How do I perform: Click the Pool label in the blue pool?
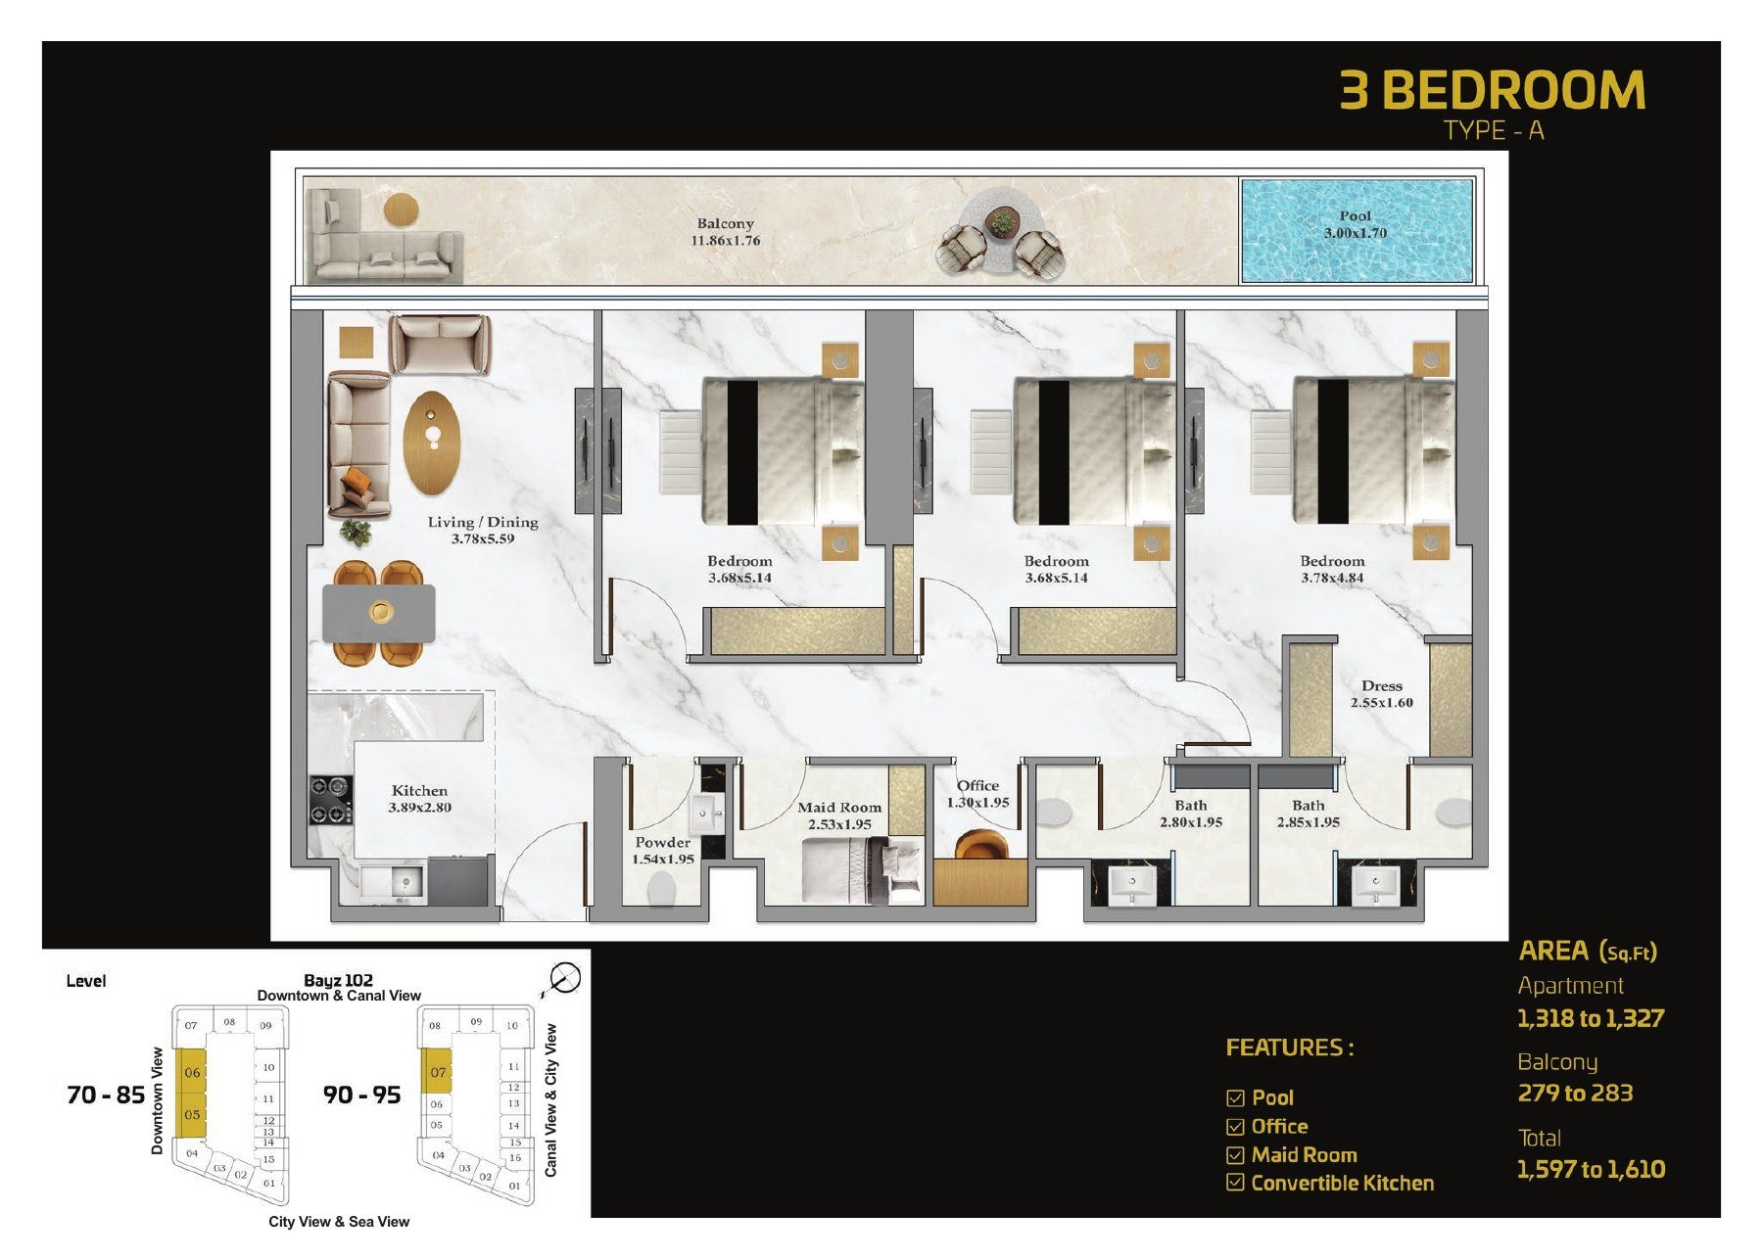click(1356, 224)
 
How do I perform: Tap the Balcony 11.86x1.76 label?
click(726, 232)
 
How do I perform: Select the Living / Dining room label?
click(483, 530)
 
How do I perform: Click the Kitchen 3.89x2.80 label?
click(419, 799)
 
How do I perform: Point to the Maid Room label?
click(839, 816)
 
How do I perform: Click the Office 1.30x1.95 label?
click(977, 794)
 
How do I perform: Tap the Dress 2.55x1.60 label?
click(1381, 694)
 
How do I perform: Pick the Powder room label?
click(662, 850)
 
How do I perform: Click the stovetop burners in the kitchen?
click(331, 799)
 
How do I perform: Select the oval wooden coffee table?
click(431, 443)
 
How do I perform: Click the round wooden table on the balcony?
click(400, 210)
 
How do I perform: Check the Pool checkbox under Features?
click(1235, 1098)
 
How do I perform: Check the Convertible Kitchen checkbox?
click(1235, 1183)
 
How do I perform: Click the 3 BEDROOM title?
click(1492, 89)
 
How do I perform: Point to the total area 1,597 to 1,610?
click(1591, 1169)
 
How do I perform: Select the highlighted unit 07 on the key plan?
click(436, 1071)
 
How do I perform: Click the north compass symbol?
click(563, 978)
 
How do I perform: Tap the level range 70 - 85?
click(106, 1095)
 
